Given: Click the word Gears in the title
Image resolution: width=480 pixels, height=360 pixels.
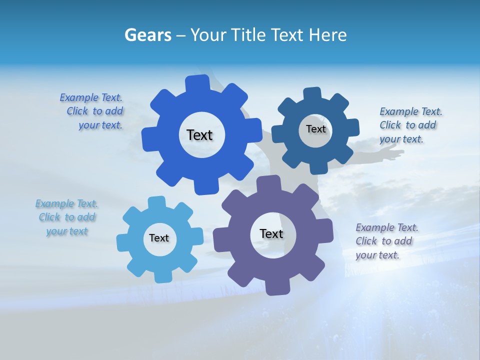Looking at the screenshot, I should (147, 35).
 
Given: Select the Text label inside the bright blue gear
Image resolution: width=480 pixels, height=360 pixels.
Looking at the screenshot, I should (200, 135).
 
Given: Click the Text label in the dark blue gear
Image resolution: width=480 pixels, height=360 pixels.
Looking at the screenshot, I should (315, 129).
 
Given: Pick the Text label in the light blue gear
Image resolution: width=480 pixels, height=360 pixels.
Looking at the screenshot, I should (159, 238).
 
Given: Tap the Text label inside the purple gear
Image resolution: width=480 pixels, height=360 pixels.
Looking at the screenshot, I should (271, 233).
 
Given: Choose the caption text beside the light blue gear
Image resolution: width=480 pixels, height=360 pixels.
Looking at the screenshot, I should (66, 217).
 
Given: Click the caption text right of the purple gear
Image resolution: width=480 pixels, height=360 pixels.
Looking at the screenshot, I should (386, 241).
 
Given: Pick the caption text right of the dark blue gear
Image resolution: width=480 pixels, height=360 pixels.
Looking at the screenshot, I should (410, 125).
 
